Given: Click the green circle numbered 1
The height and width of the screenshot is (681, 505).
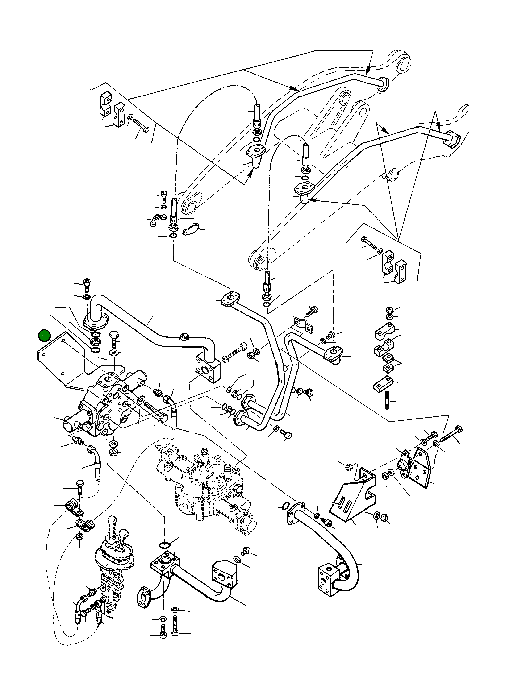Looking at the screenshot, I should (43, 336).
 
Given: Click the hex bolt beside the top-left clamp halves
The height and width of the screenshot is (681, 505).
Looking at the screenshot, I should (141, 125).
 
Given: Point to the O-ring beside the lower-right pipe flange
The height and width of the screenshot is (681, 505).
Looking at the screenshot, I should (284, 506).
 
